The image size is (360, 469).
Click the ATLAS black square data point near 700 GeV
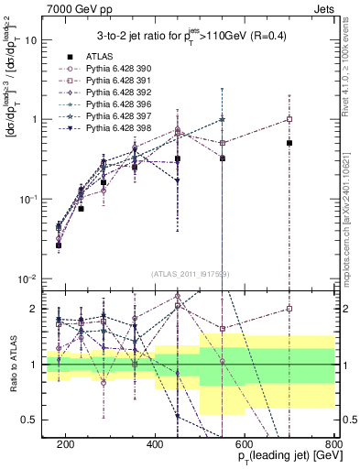pyautogui.click(x=289, y=143)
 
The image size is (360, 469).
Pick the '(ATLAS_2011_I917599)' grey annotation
pyautogui.click(x=190, y=274)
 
